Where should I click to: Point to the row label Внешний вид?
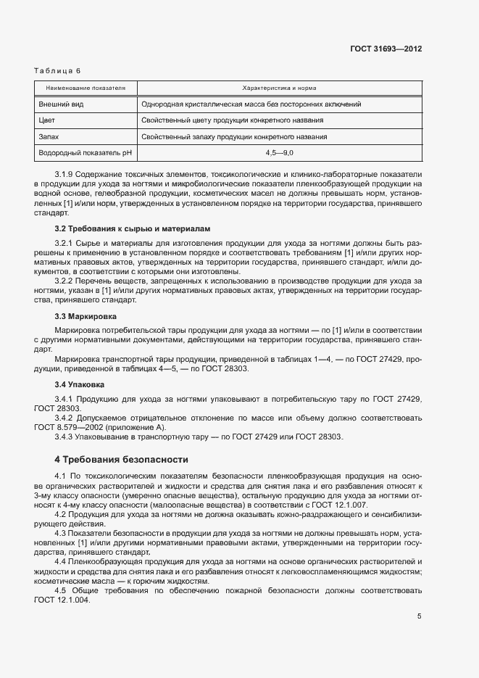click(58, 104)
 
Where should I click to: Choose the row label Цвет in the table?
click(47, 120)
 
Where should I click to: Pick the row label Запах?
click(49, 136)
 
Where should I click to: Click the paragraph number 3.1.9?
click(65, 176)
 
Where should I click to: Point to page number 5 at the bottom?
click(420, 617)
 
